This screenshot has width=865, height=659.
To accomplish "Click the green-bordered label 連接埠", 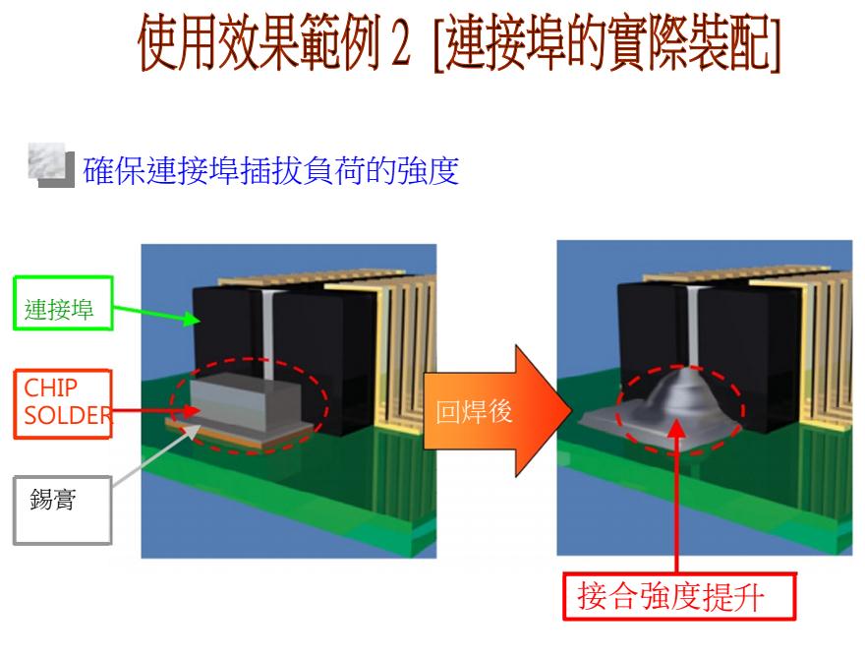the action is [x=63, y=304].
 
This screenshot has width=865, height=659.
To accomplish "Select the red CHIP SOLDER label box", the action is [x=63, y=404].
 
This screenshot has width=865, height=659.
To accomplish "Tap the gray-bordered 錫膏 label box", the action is [x=63, y=509].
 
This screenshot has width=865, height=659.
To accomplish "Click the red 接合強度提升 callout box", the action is [x=679, y=597].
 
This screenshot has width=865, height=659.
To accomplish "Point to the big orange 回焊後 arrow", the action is [x=496, y=411].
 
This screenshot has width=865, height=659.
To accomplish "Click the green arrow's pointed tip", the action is [x=201, y=320].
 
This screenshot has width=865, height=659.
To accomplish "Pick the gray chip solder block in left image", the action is [x=246, y=403].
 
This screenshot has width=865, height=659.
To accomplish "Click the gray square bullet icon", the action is [x=51, y=165].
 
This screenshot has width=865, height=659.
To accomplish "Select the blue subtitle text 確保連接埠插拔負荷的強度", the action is [x=271, y=170].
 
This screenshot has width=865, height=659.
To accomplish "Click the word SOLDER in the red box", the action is [x=68, y=416].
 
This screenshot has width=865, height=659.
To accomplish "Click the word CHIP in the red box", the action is [x=50, y=388].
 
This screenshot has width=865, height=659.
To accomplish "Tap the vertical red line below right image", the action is [x=677, y=497].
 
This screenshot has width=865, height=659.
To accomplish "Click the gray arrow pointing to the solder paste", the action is [x=155, y=456].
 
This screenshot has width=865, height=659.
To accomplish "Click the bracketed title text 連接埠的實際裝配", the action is [x=607, y=43].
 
